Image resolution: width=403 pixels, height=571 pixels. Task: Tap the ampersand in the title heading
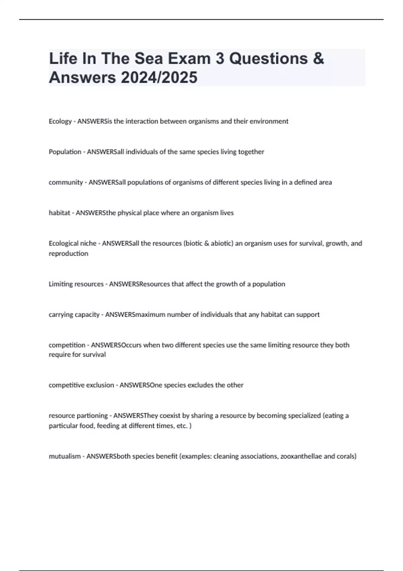tap(318, 59)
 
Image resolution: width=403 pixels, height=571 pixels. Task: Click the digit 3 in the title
tap(220, 59)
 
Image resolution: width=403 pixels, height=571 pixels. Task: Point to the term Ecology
tap(60, 121)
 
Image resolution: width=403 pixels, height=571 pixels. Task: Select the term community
tap(65, 182)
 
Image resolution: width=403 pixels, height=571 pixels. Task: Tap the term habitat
tap(59, 213)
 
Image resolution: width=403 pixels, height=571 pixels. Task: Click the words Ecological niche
tap(72, 243)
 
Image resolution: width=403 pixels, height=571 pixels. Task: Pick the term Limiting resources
tap(76, 284)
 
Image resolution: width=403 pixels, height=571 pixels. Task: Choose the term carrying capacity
tap(74, 315)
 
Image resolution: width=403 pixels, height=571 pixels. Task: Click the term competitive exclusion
tap(81, 385)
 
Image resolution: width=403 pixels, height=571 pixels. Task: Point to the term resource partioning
tap(78, 416)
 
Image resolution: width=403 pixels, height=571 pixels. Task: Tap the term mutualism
tap(64, 456)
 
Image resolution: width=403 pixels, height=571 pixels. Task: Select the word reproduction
tap(69, 254)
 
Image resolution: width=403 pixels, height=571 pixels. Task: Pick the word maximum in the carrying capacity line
tap(149, 315)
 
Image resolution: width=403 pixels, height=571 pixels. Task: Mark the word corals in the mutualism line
tap(347, 456)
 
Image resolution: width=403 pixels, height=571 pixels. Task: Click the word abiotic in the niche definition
tap(222, 243)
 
